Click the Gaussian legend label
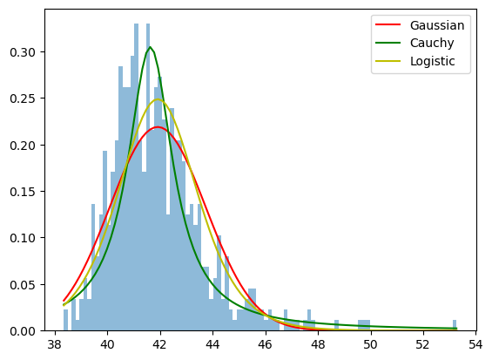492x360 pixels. pos(437,25)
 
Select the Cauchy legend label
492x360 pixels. pos(432,43)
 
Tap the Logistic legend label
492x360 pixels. pos(432,61)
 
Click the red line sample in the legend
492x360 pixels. pos(388,24)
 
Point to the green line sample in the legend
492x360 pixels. pos(388,43)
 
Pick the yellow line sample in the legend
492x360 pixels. pos(388,60)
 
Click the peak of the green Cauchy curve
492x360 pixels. pos(151,47)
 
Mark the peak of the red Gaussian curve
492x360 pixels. pos(158,127)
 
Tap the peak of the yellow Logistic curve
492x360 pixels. pos(158,99)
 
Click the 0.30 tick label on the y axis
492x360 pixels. pos(23,52)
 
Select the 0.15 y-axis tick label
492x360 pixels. pos(23,192)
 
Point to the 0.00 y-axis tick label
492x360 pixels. pos(23,331)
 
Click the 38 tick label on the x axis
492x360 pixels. pos(55,344)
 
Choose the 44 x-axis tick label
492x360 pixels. pos(212,344)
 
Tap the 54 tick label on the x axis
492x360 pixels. pos(476,344)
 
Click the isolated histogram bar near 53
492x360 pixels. pos(455,325)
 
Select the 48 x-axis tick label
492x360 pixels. pos(318,344)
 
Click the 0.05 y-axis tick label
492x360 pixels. pos(23,285)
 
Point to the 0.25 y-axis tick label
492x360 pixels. pos(23,98)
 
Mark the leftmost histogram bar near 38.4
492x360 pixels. pos(65,320)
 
